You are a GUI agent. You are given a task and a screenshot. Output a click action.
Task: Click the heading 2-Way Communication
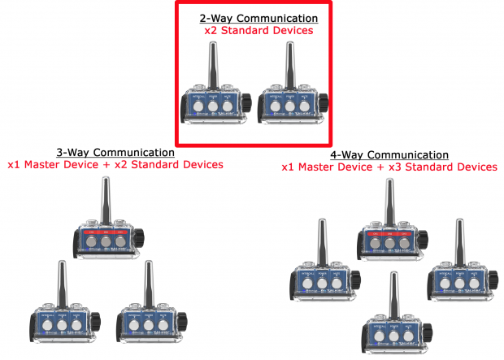(259, 18)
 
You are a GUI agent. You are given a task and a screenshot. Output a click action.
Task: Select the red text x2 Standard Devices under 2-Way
(259, 31)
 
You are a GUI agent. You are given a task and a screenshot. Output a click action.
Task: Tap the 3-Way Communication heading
(115, 152)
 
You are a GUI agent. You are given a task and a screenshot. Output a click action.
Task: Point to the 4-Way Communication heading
(389, 154)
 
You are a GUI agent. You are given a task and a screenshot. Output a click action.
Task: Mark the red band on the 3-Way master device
(105, 231)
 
